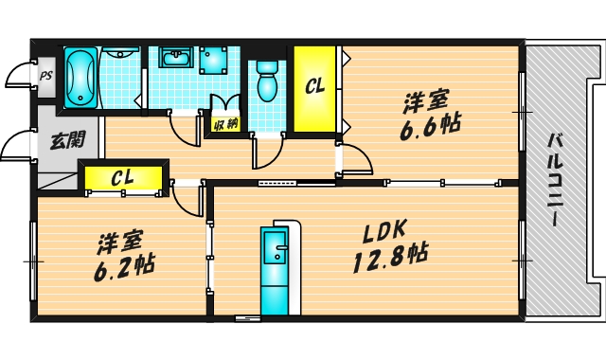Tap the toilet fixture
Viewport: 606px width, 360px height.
[266, 81]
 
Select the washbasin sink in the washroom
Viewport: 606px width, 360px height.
[175, 60]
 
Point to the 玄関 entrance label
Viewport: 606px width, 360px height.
[67, 141]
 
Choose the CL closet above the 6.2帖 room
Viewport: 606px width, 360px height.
[121, 177]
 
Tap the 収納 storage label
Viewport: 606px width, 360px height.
[224, 123]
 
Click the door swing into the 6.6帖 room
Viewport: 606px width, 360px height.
[354, 157]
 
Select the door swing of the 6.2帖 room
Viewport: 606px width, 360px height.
[187, 197]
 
